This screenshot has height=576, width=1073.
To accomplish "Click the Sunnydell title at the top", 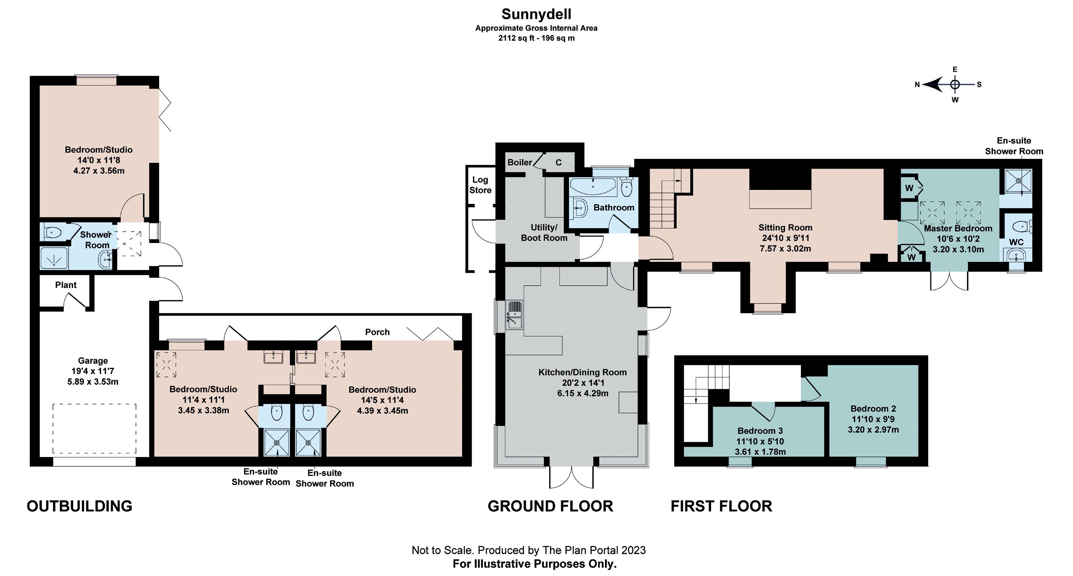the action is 536,14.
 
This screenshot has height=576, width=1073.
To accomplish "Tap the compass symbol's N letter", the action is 917,84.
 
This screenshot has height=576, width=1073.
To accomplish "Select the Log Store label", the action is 480,185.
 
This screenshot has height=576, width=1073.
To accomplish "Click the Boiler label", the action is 519,163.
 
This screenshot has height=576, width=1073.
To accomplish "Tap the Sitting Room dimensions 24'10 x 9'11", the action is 785,238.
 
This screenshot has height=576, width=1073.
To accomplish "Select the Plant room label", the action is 66,285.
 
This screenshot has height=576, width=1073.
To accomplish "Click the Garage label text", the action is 93,361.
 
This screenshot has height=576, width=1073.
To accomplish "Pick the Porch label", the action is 377,332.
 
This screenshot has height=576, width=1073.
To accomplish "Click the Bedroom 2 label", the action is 873,409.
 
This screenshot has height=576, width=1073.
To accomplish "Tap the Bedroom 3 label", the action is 760,431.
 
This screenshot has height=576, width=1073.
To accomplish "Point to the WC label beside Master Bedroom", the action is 1016,242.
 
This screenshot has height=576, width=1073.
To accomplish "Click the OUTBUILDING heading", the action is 80,506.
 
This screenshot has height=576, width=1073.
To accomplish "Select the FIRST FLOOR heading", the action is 721,506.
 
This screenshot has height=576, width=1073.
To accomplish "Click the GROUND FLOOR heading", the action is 550,506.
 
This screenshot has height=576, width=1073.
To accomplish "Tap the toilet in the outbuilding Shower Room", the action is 53,232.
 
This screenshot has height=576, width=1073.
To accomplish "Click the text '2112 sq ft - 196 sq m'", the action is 536,38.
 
